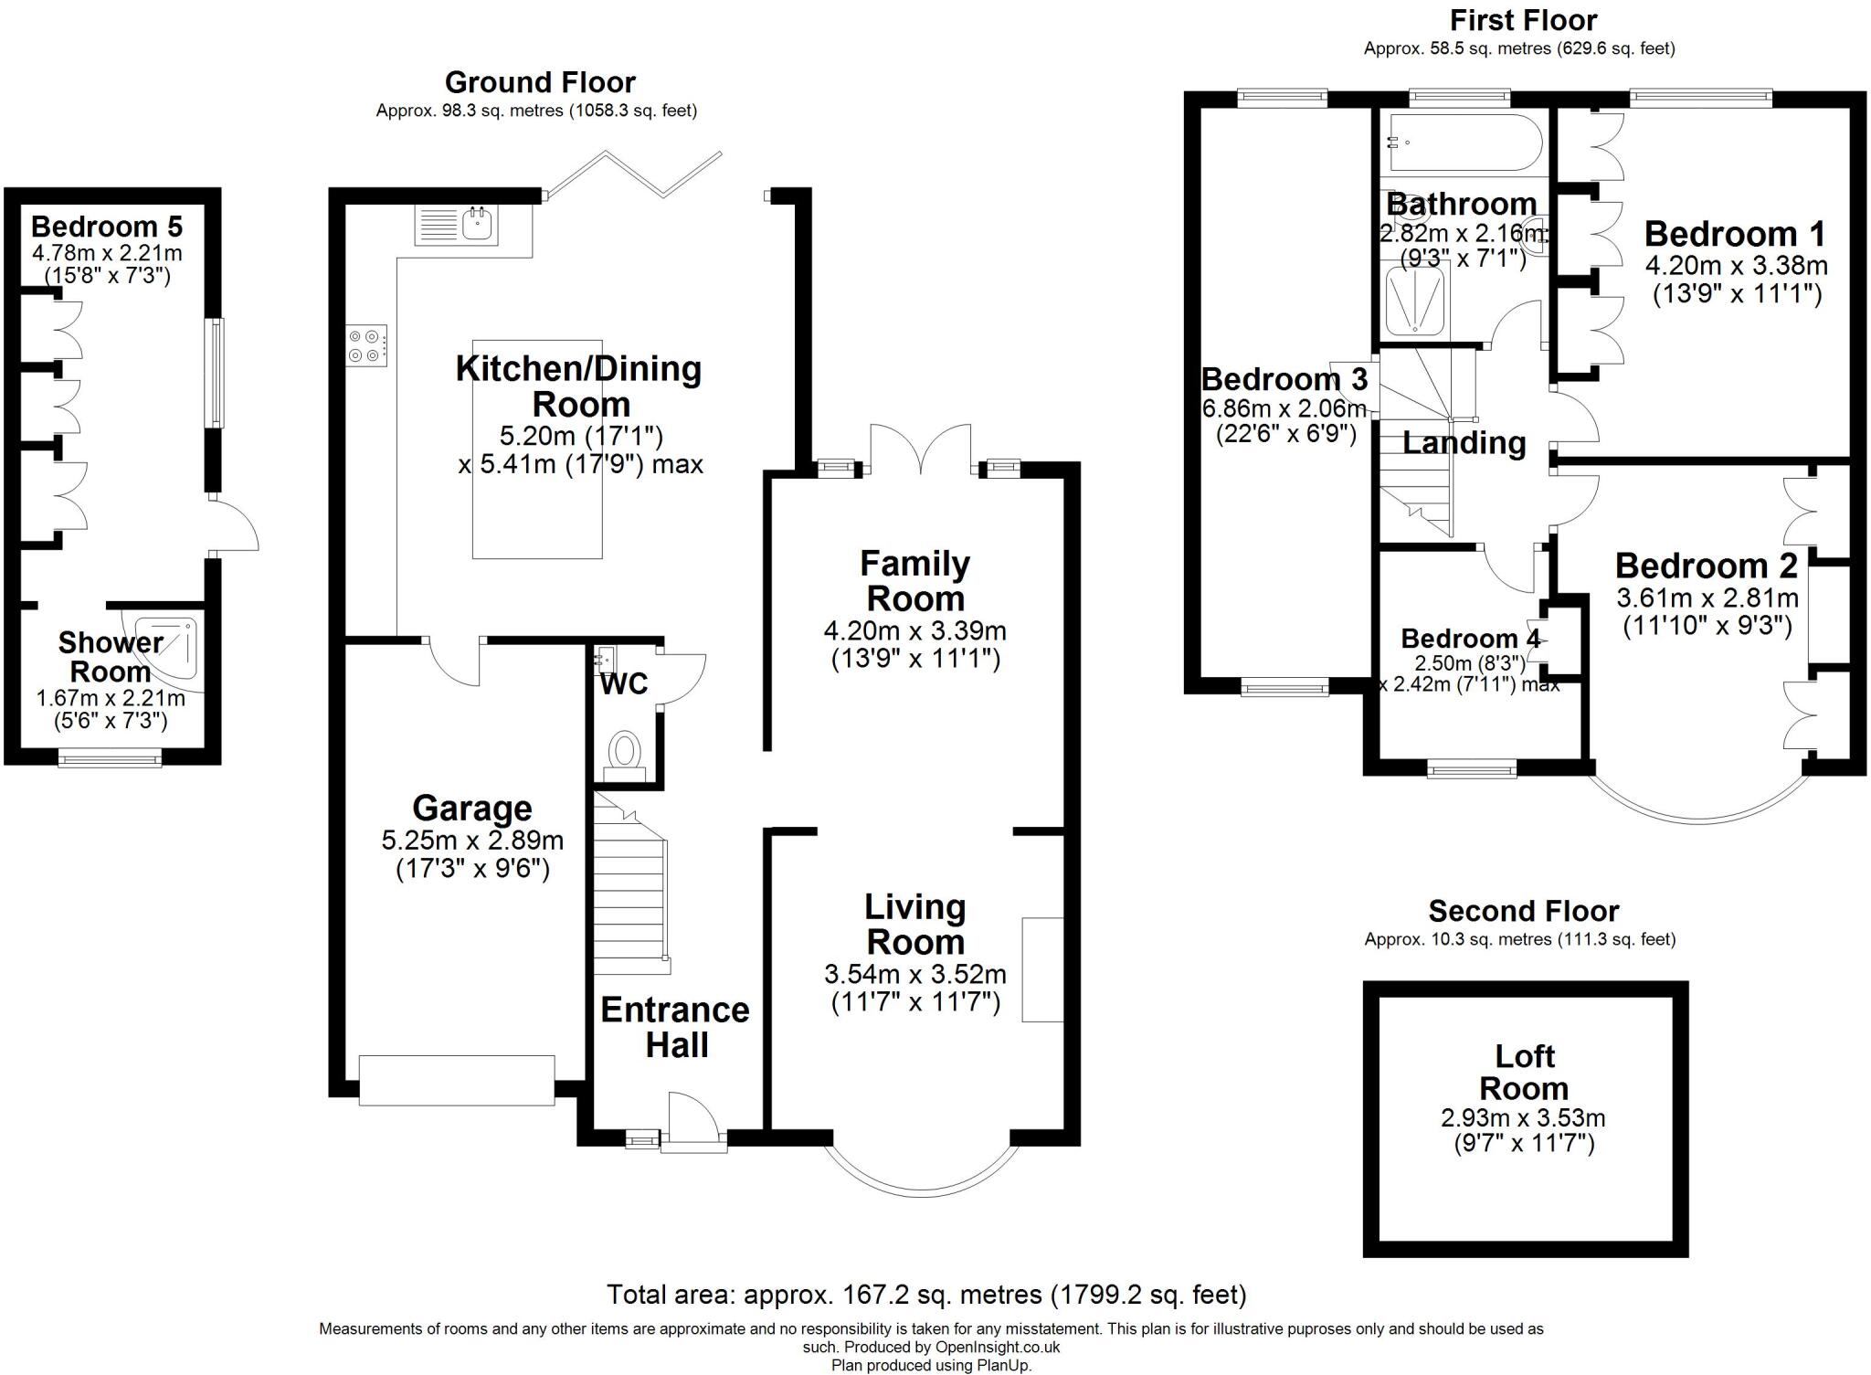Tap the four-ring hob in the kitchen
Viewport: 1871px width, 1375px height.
pyautogui.click(x=365, y=346)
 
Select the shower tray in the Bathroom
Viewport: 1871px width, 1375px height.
pyautogui.click(x=1415, y=300)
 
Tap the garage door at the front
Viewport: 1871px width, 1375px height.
pyautogui.click(x=456, y=1080)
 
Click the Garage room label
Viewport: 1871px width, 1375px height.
pyautogui.click(x=471, y=809)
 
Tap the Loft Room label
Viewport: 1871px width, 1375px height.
pyautogui.click(x=1524, y=1073)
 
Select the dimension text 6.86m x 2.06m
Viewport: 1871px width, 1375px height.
pyautogui.click(x=1284, y=408)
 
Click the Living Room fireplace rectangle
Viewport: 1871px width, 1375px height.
pyautogui.click(x=1042, y=969)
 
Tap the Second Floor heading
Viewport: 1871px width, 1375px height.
pyautogui.click(x=1523, y=911)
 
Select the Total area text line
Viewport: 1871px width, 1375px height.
pyautogui.click(x=926, y=1295)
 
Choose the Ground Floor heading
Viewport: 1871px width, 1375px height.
pyautogui.click(x=540, y=82)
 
